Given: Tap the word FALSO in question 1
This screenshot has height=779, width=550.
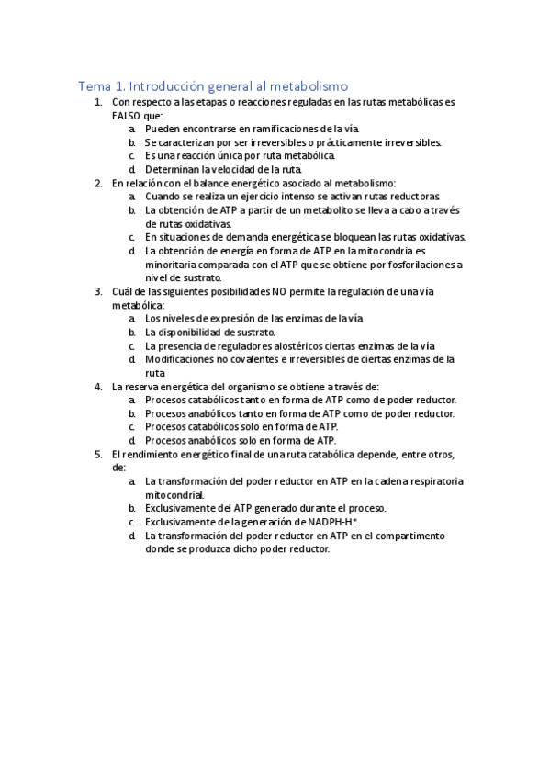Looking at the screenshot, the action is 129,116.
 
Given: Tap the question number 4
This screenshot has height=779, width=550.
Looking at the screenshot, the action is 98,386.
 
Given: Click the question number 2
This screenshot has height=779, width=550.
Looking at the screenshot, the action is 98,183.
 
